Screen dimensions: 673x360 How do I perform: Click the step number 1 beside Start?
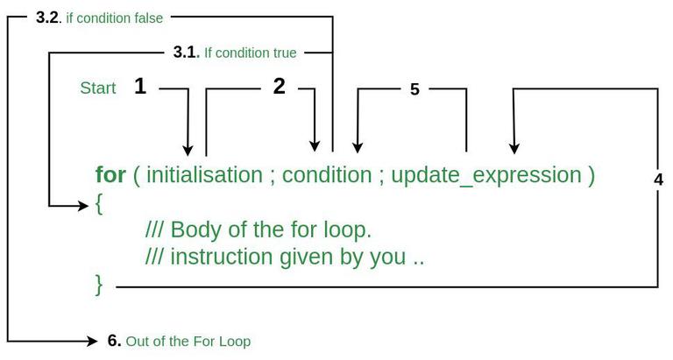coord(140,86)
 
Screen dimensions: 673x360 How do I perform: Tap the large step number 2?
coord(279,86)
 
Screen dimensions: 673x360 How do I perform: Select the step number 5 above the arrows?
coord(414,89)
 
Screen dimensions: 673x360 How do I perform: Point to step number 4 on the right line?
coord(658,180)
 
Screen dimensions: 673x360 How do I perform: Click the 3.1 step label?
coord(187,53)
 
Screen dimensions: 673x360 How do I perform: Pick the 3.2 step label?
coord(48,18)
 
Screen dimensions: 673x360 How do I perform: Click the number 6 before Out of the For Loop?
coord(114,341)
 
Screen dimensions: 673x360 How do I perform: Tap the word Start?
coord(98,88)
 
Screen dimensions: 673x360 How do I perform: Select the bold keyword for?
coord(110,174)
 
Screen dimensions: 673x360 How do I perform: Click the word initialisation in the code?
coord(204,175)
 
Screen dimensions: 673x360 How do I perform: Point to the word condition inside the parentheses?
coord(327,175)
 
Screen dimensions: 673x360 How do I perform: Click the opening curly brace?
coord(99,204)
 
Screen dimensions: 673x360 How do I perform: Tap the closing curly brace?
coord(99,286)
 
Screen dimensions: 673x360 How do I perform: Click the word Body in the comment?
coord(195,229)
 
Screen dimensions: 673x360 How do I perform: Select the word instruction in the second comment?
coord(222,257)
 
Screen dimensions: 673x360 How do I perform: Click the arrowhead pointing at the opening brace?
coord(83,206)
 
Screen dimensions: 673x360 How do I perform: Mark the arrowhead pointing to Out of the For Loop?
coord(92,341)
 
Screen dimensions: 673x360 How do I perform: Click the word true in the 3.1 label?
coord(284,53)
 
